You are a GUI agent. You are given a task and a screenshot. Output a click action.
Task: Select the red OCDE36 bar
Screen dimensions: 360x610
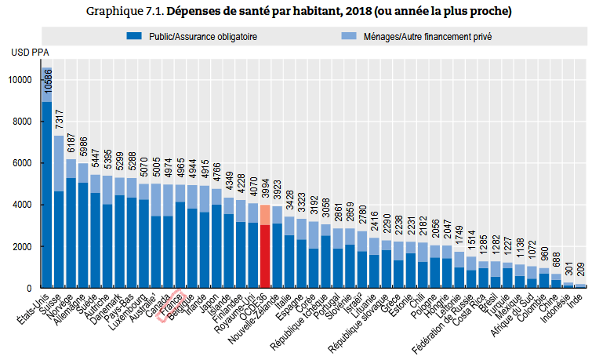click(x=266, y=251)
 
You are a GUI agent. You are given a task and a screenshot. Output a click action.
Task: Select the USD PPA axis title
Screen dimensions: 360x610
click(x=30, y=53)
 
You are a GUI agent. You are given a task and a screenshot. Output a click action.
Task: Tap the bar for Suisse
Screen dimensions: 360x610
click(x=59, y=220)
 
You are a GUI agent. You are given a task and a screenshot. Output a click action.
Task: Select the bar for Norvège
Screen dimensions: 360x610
click(x=71, y=227)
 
